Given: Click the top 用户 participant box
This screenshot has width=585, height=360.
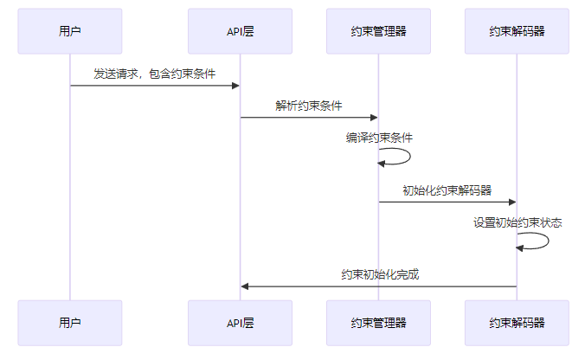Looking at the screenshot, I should [70, 31].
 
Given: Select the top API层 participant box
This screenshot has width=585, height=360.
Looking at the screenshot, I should [240, 31].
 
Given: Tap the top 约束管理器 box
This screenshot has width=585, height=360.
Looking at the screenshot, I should [378, 31].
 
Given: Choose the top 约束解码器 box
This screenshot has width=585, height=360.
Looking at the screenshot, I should [517, 31].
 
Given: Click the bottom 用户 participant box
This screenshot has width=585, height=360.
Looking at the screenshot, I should [70, 323].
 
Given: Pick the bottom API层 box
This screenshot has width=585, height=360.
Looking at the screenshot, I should [240, 323].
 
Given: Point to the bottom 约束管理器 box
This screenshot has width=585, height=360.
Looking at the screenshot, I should [378, 323].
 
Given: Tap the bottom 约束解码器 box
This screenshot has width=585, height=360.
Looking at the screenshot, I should [517, 323].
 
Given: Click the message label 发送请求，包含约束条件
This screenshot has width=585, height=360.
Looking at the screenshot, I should [155, 74].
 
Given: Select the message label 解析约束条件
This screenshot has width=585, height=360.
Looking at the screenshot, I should [309, 106].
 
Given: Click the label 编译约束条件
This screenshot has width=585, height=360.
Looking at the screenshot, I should [379, 138].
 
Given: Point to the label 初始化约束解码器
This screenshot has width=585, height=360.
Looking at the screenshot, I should [447, 190].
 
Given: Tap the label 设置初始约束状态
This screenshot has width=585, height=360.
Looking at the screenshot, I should [517, 222].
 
